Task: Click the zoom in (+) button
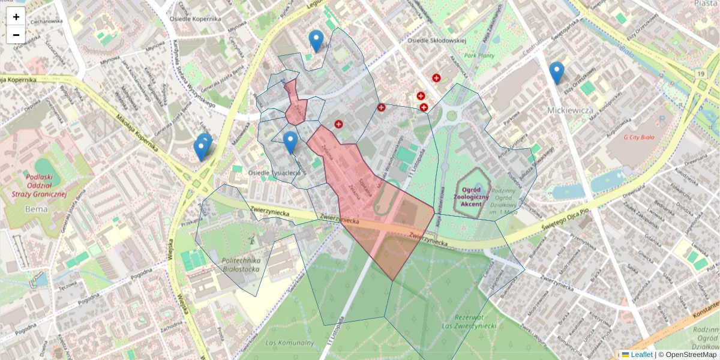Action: pyautogui.click(x=16, y=17)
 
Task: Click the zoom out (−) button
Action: pyautogui.click(x=16, y=35)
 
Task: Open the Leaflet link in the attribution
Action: pyautogui.click(x=637, y=355)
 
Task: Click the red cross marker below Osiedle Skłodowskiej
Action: pyautogui.click(x=437, y=78)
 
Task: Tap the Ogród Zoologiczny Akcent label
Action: pyautogui.click(x=472, y=196)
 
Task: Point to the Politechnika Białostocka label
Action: pyautogui.click(x=240, y=265)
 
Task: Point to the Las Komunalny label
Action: pyautogui.click(x=290, y=343)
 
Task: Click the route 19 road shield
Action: pyautogui.click(x=700, y=73)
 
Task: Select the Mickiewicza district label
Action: pyautogui.click(x=570, y=110)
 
